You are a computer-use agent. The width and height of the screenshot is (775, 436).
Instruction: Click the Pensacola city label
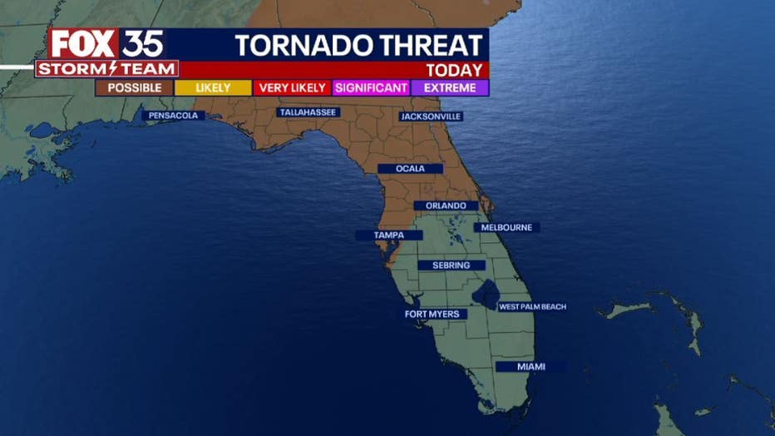pyautogui.click(x=173, y=116)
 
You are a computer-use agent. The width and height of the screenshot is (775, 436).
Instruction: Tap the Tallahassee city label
pyautogui.click(x=308, y=112)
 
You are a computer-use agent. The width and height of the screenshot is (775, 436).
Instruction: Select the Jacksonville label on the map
pyautogui.click(x=431, y=116)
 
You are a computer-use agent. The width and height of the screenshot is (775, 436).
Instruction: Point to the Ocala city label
pyautogui.click(x=410, y=169)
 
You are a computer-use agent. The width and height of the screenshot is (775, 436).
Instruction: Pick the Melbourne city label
pyautogui.click(x=506, y=227)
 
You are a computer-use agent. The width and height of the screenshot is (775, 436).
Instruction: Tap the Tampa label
pyautogui.click(x=388, y=235)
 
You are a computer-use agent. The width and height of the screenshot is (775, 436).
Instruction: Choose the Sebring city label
pyautogui.click(x=451, y=265)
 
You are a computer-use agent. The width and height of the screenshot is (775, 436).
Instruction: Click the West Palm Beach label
pyautogui.click(x=532, y=307)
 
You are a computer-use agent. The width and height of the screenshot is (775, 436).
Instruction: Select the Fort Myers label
pyautogui.click(x=431, y=315)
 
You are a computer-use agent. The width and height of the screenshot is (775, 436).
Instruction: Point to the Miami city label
pyautogui.click(x=531, y=366)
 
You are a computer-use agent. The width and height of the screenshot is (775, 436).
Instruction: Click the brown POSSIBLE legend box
pyautogui.click(x=134, y=87)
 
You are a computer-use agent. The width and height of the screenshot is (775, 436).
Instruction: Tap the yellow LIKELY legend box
pyautogui.click(x=213, y=87)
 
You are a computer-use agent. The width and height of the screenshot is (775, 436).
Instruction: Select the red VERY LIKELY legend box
pyautogui.click(x=293, y=87)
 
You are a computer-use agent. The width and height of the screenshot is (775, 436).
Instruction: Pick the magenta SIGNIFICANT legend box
pyautogui.click(x=371, y=87)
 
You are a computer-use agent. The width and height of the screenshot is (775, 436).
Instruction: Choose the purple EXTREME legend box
pyautogui.click(x=450, y=87)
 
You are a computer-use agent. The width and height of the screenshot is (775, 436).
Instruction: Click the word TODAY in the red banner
pyautogui.click(x=454, y=70)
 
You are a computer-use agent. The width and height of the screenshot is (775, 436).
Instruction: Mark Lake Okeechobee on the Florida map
pyautogui.click(x=486, y=292)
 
